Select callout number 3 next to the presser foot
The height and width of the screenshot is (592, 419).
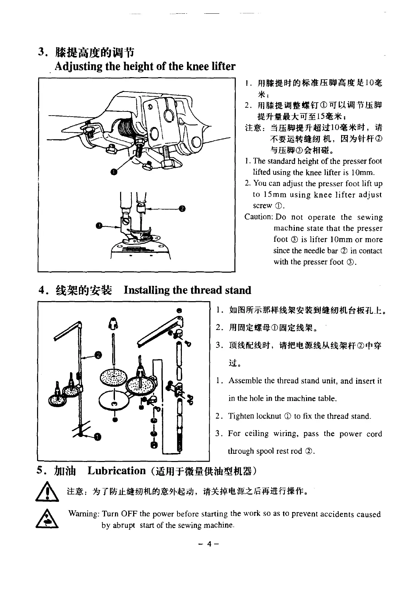tap(99, 225)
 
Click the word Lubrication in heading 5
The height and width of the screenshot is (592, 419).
tap(117, 471)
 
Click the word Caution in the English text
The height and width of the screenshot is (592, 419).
tap(258, 217)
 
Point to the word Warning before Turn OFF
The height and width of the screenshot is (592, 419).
tap(84, 514)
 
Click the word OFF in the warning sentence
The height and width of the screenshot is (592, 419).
tap(129, 514)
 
